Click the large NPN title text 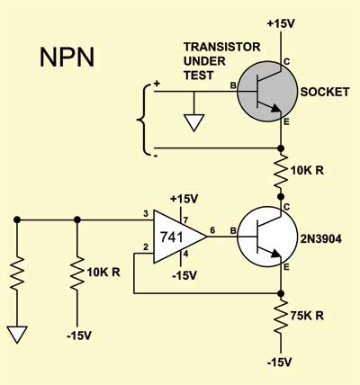point(67,57)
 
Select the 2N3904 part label point(321,238)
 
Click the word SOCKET point(325,92)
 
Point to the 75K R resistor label point(307,316)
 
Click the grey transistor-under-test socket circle point(267,92)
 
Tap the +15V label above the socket point(281,23)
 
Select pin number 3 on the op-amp point(146,214)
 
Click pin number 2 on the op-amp point(146,247)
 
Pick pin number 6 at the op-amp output point(212,230)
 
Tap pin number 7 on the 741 point(185,220)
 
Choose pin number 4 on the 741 point(185,254)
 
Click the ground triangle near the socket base point(194,122)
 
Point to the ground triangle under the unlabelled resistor point(17,335)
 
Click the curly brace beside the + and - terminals point(144,120)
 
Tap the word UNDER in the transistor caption point(204,61)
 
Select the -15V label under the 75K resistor point(279,363)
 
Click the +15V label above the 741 point(184,199)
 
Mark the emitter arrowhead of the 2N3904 point(275,255)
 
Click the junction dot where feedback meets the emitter point(281,293)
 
